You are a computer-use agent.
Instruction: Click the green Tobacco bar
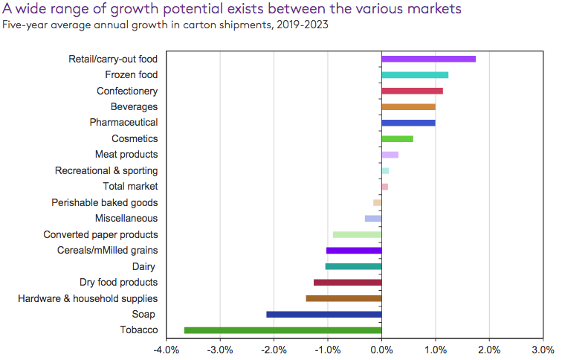click(282, 330)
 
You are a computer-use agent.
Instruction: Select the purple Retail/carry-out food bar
click(428, 59)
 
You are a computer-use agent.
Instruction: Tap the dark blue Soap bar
click(323, 314)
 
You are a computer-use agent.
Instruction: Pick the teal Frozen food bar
click(415, 74)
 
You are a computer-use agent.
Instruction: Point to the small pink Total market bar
click(384, 187)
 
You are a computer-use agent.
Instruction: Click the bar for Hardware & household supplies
click(343, 298)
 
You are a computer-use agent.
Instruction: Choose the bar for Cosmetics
click(397, 138)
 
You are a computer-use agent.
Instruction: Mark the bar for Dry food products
click(347, 283)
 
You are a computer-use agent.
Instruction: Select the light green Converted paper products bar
click(357, 234)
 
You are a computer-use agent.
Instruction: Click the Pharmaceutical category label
click(123, 123)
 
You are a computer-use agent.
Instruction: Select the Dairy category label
click(144, 266)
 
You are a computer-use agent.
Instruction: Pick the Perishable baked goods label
click(104, 202)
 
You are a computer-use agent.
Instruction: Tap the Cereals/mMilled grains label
click(107, 251)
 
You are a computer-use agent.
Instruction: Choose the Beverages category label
click(134, 107)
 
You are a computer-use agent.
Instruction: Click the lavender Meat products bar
click(390, 155)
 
